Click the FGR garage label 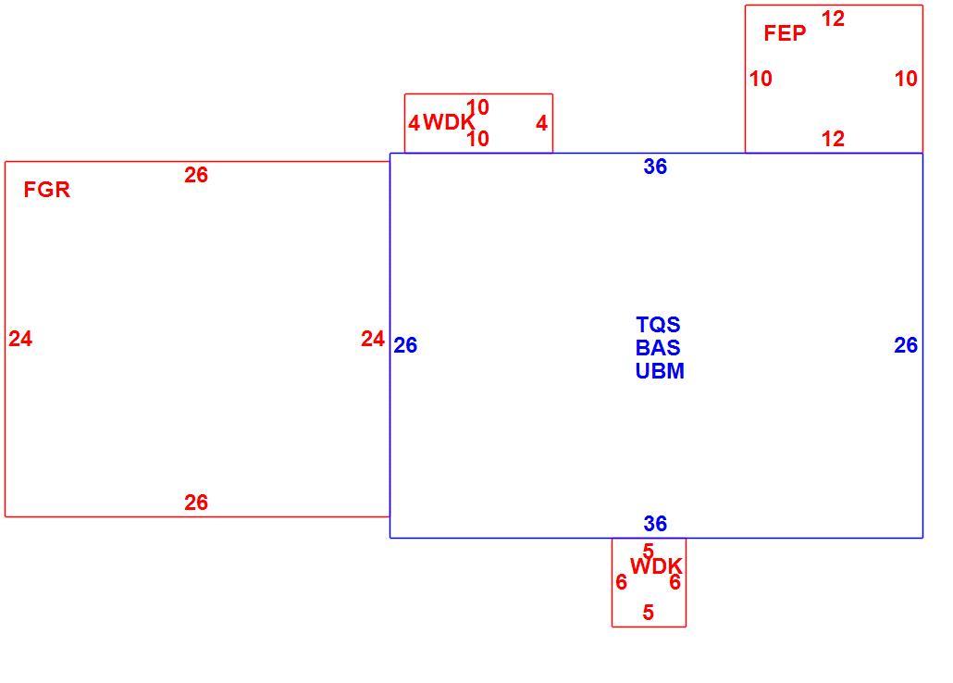tap(47, 190)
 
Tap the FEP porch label tap(785, 32)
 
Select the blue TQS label tap(658, 324)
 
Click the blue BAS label tap(658, 347)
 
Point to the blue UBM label tap(660, 370)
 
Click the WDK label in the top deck tap(449, 122)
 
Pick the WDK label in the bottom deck tap(656, 566)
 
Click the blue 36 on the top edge tap(655, 166)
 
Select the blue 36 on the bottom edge tap(655, 523)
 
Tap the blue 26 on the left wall tap(405, 345)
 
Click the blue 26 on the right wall tap(906, 345)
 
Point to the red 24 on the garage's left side tap(20, 338)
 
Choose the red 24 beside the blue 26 tap(373, 338)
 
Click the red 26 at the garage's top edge tap(196, 175)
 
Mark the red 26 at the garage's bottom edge tap(196, 502)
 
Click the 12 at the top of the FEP tap(833, 19)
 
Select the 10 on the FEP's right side tap(906, 78)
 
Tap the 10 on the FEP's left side tap(761, 78)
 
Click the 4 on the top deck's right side tap(541, 123)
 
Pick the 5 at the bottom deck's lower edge tap(649, 612)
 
